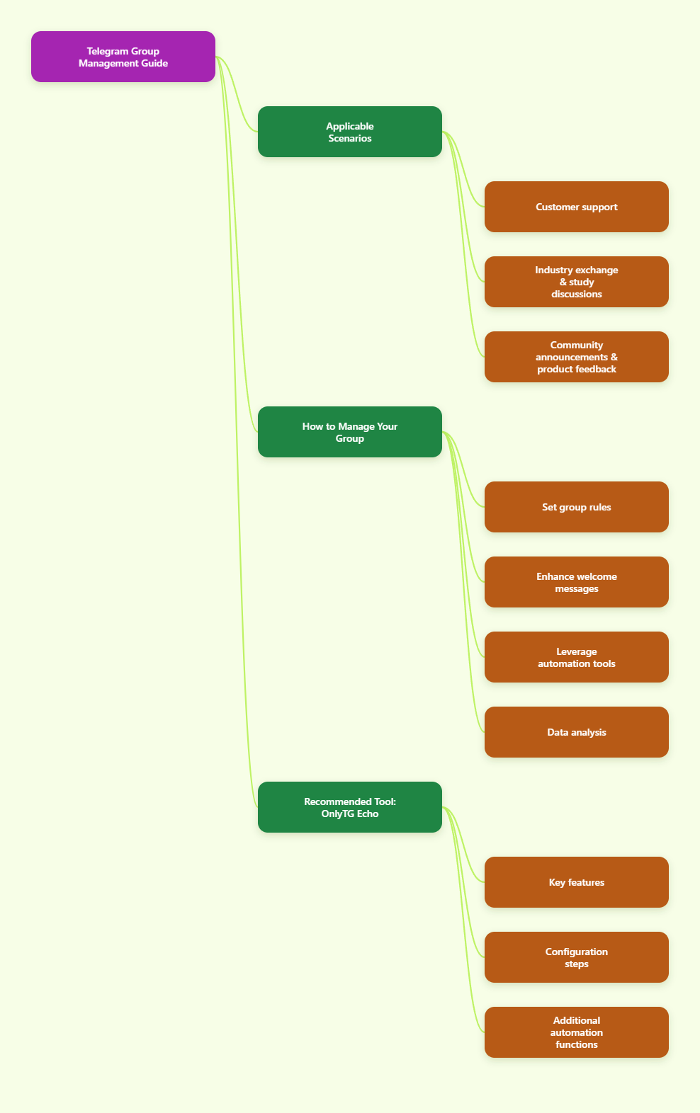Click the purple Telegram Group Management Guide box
click(123, 57)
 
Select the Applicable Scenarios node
click(350, 132)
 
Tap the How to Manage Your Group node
click(350, 432)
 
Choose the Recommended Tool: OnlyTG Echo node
click(350, 807)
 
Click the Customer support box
click(577, 207)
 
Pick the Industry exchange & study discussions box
click(577, 282)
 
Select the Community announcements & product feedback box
click(577, 357)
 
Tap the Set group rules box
click(577, 507)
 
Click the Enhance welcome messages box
click(577, 582)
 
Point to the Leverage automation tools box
click(577, 657)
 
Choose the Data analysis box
click(577, 732)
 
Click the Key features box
click(577, 882)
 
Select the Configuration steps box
click(577, 957)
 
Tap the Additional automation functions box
click(577, 1032)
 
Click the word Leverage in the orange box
click(577, 651)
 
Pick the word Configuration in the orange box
click(577, 952)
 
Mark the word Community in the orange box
click(577, 345)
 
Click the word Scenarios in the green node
click(350, 138)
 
